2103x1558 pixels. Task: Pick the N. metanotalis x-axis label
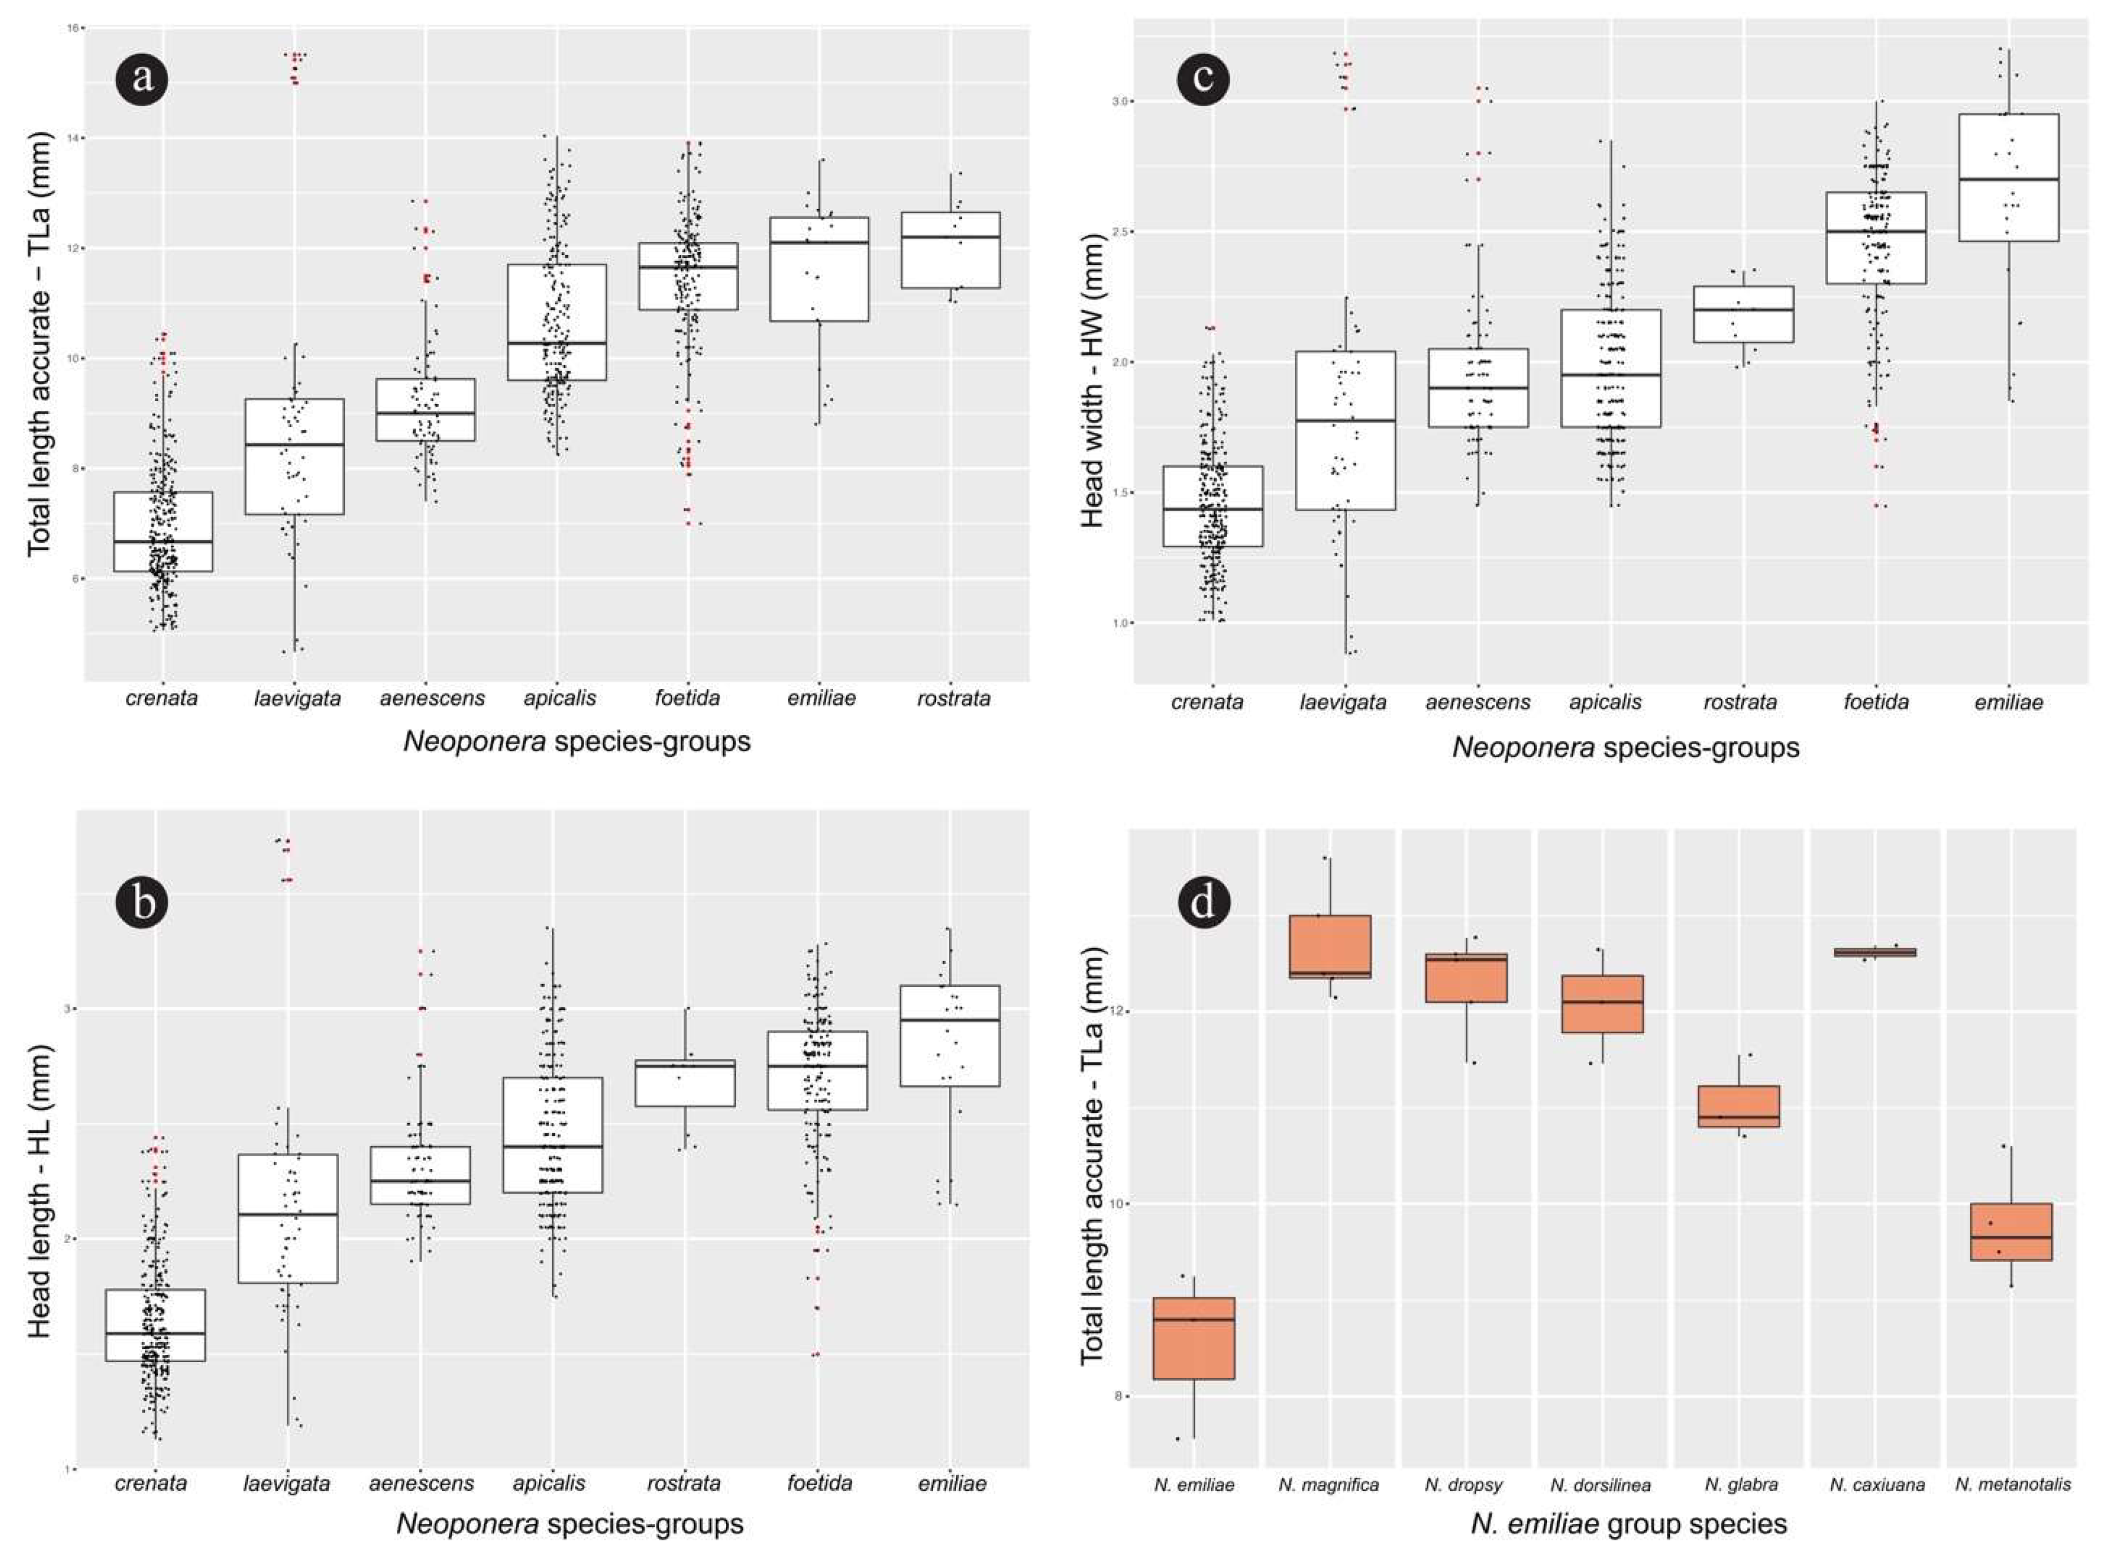tap(2013, 1485)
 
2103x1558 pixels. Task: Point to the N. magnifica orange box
tap(1330, 946)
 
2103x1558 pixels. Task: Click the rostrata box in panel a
tap(950, 250)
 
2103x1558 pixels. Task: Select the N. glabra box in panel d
tap(1738, 1105)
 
